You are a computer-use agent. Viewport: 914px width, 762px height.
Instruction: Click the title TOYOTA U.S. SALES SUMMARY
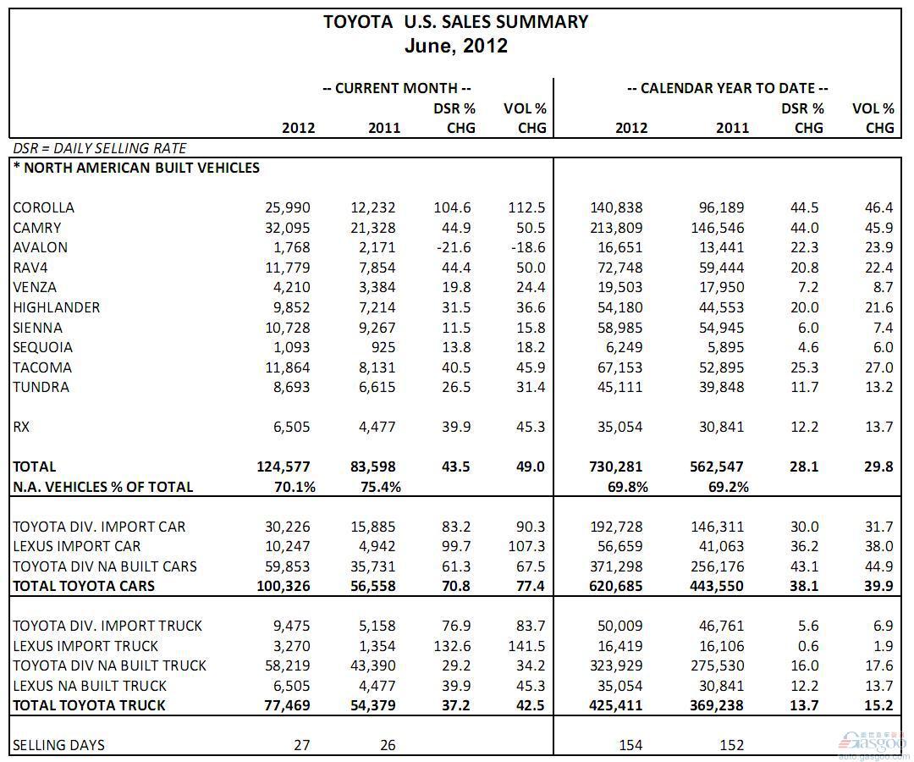[456, 22]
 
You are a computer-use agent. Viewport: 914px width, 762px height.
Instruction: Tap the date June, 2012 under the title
[456, 46]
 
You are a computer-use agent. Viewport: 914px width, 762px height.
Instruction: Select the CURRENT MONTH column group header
[397, 89]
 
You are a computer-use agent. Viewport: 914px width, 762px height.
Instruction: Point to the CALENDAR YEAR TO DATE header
[728, 89]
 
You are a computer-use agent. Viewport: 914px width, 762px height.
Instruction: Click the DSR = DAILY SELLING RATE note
[100, 148]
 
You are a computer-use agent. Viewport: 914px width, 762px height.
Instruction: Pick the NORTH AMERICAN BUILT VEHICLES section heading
[136, 168]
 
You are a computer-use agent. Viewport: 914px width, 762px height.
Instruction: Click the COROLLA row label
[44, 207]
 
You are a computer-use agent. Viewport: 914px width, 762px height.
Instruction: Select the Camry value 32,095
[288, 228]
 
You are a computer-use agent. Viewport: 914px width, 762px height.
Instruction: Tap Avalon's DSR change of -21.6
[454, 248]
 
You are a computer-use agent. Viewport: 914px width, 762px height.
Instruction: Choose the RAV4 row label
[30, 268]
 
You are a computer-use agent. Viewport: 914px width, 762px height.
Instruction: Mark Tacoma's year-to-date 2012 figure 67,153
[619, 368]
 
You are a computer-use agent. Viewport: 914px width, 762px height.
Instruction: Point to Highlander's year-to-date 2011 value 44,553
[722, 308]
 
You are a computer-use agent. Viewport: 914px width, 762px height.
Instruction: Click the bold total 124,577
[284, 467]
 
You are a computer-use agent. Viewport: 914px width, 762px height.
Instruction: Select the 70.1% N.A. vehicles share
[295, 487]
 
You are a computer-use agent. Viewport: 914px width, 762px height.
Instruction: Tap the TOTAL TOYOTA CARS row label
[84, 586]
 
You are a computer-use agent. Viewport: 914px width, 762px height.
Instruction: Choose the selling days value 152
[732, 745]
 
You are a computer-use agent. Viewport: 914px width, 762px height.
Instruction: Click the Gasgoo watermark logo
[873, 744]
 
